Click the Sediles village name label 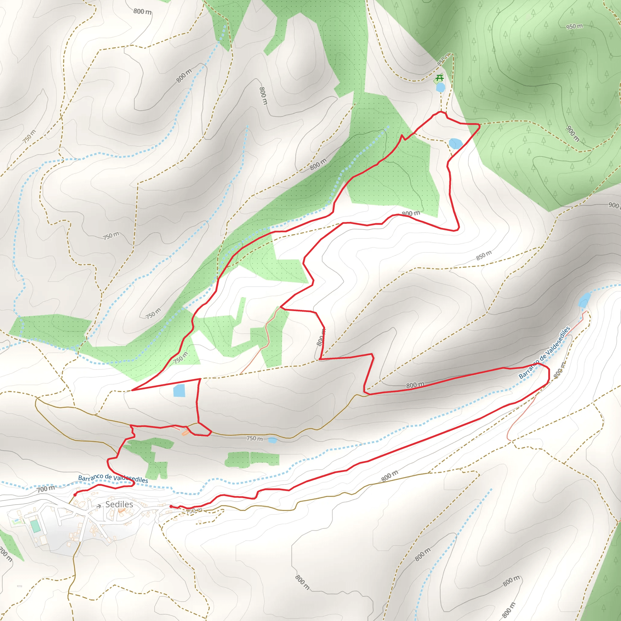pyautogui.click(x=119, y=504)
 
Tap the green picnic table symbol pyautogui.click(x=439, y=78)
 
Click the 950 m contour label pyautogui.click(x=574, y=26)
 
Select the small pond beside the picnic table pyautogui.click(x=440, y=87)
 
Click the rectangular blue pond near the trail pyautogui.click(x=179, y=390)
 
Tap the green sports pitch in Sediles pyautogui.click(x=35, y=526)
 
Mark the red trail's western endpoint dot pyautogui.click(x=75, y=495)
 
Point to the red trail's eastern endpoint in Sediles pyautogui.click(x=171, y=507)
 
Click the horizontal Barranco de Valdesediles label pyautogui.click(x=113, y=478)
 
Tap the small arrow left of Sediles pyautogui.click(x=99, y=506)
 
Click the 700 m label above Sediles pyautogui.click(x=46, y=489)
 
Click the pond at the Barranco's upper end pyautogui.click(x=584, y=300)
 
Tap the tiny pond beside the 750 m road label pyautogui.click(x=272, y=440)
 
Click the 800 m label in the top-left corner pyautogui.click(x=143, y=12)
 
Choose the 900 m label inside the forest pyautogui.click(x=573, y=133)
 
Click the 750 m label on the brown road pyautogui.click(x=254, y=438)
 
